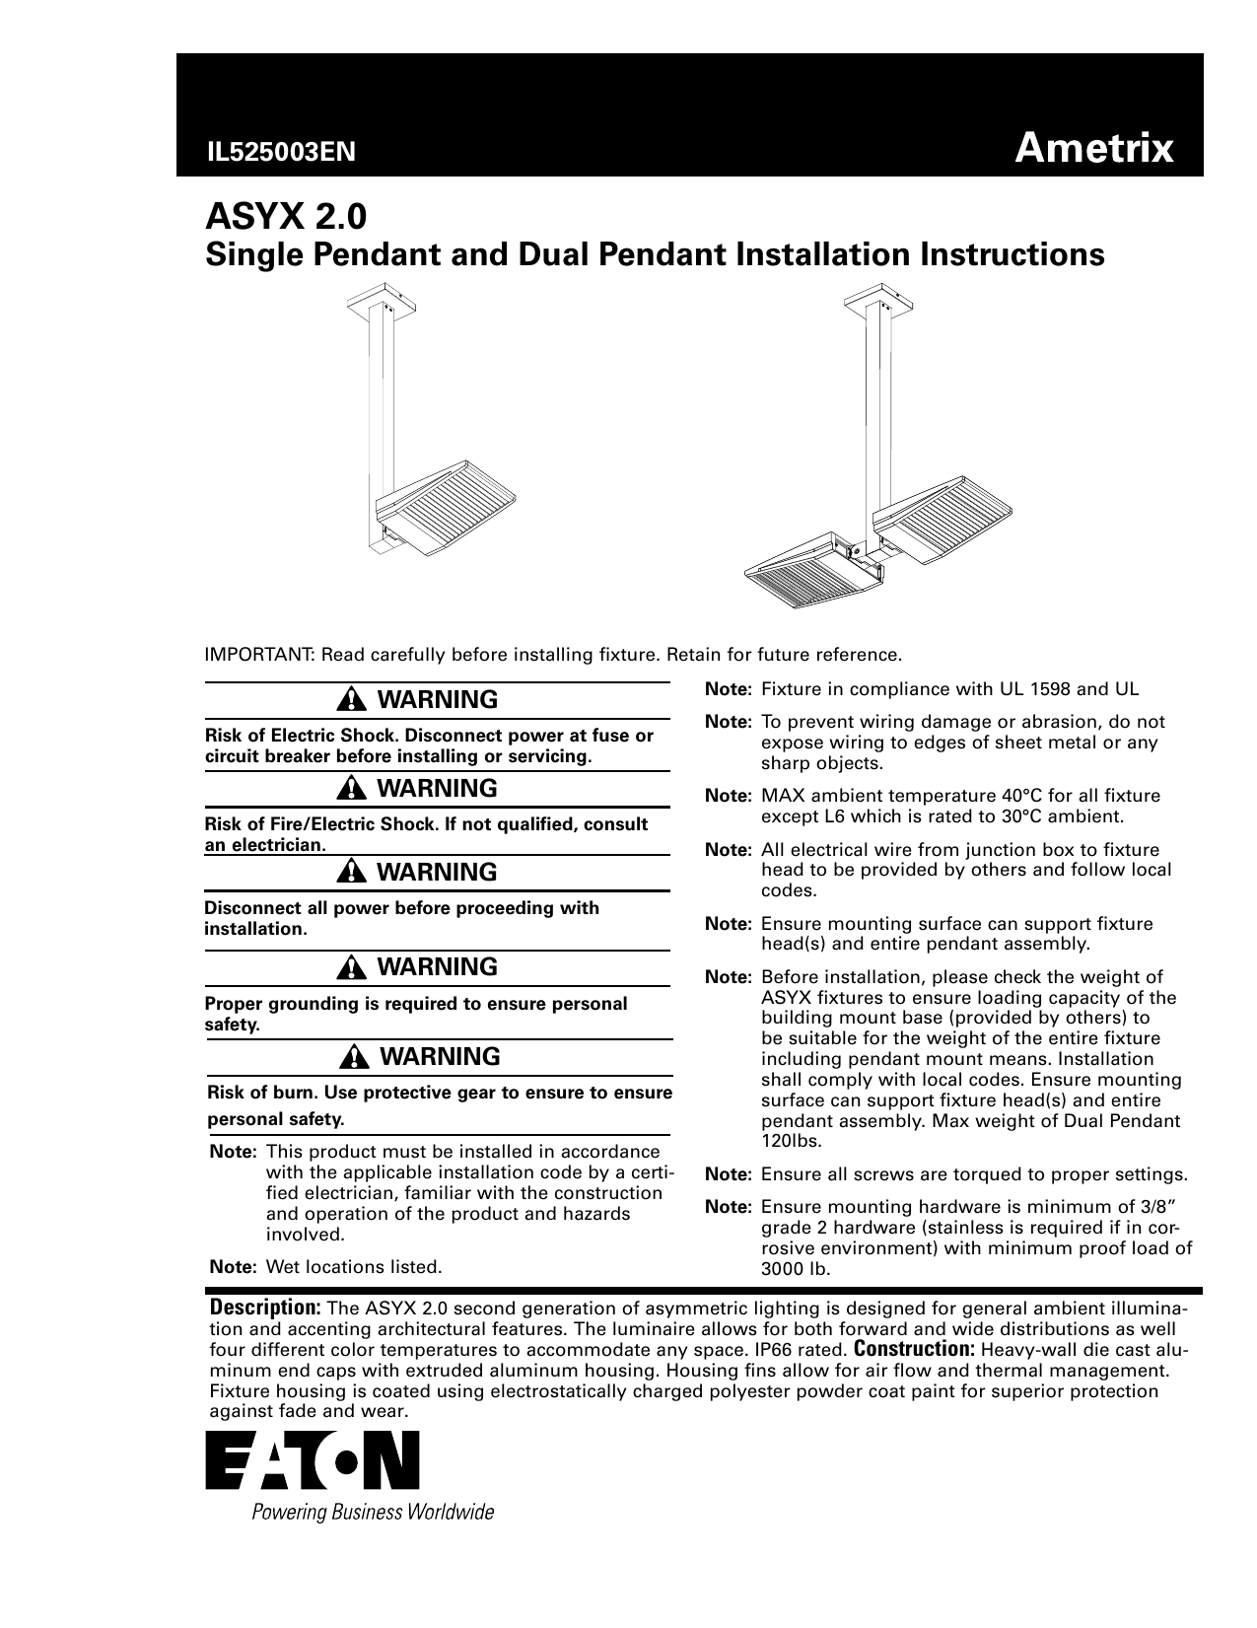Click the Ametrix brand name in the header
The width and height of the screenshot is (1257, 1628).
[x=1094, y=149]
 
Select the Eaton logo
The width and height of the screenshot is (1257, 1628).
[x=313, y=1460]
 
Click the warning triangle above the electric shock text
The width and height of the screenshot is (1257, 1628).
[x=351, y=700]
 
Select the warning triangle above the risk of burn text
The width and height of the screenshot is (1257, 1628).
[x=352, y=1057]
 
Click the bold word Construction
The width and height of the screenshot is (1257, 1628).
[x=914, y=1349]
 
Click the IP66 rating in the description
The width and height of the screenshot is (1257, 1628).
[x=807, y=1350]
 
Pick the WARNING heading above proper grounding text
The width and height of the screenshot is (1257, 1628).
[x=438, y=967]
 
